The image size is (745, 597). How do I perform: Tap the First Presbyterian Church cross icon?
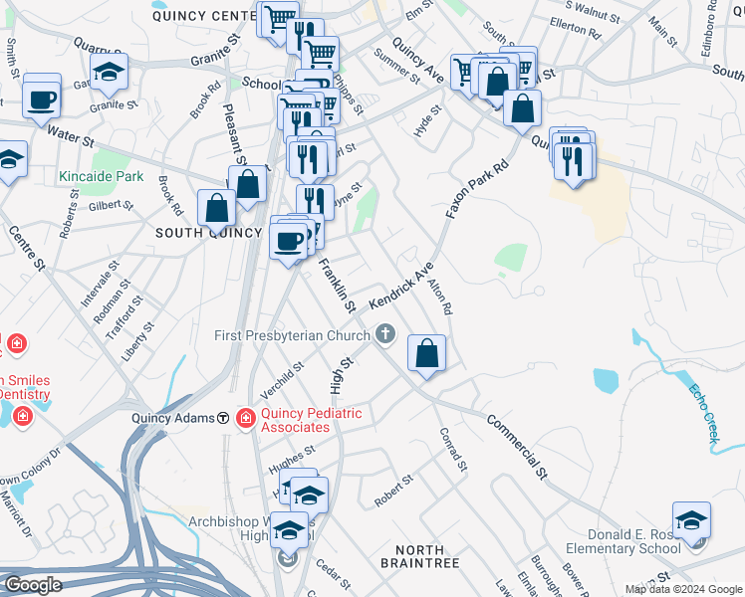387,335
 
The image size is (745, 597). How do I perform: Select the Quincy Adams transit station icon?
224,419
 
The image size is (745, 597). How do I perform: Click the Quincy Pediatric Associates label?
311,419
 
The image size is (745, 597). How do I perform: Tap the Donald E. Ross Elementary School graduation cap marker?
692,522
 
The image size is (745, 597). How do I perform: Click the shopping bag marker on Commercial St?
426,354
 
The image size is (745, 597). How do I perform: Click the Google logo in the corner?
33,585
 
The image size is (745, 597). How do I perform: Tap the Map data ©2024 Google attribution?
683,589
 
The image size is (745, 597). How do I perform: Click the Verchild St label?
281,383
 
